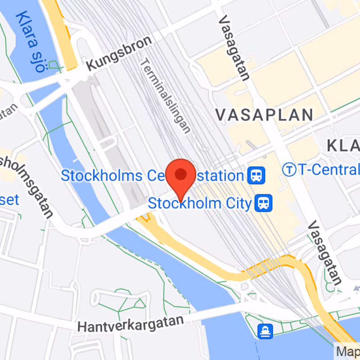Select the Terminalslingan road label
(x=165, y=96)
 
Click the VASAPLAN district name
(x=264, y=115)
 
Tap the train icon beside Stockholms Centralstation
(x=256, y=175)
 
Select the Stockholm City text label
(x=200, y=203)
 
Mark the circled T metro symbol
(x=289, y=170)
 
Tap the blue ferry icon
(x=265, y=332)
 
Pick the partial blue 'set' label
(x=9, y=199)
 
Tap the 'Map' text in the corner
(x=348, y=351)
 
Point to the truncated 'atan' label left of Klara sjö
(x=9, y=112)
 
